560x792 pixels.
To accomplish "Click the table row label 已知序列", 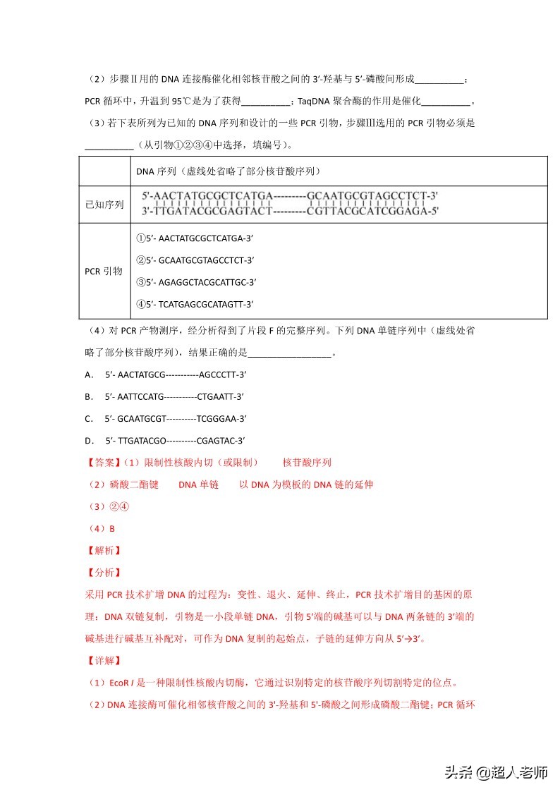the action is pyautogui.click(x=104, y=205).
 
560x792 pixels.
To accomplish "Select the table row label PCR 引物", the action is pyautogui.click(x=104, y=271).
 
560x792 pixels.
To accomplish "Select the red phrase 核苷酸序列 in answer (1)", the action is pyautogui.click(x=307, y=463).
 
